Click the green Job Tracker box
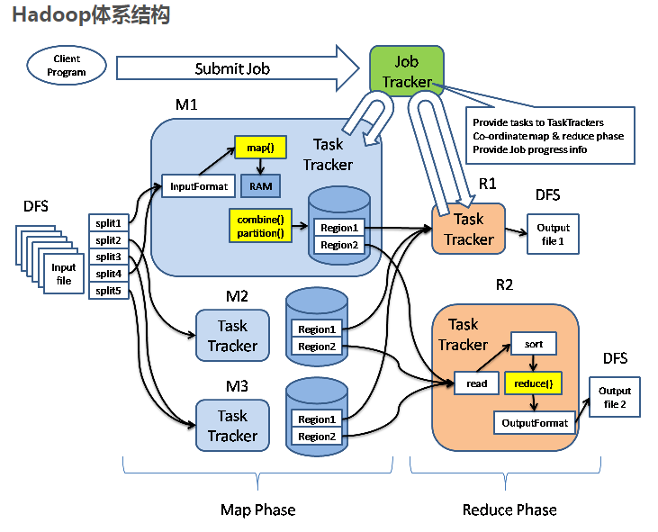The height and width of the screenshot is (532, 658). point(407,72)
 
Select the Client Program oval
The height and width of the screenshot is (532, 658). point(68,65)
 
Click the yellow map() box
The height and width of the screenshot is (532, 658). point(259,147)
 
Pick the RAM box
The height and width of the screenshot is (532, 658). point(260,185)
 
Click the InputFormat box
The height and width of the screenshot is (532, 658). point(198,186)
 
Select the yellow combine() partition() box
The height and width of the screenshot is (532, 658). point(260,227)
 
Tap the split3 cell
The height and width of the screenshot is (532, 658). point(109,257)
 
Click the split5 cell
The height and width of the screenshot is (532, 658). point(109,290)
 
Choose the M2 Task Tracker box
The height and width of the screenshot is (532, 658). point(232,336)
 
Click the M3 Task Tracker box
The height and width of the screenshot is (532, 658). point(232,426)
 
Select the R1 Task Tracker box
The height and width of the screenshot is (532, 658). point(468,229)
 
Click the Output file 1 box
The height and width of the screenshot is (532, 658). point(553,233)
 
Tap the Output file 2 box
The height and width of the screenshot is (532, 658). point(615,398)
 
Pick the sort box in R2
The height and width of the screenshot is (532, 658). point(534,344)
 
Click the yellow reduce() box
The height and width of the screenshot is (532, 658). point(534,383)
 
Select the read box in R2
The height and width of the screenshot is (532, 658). point(476,383)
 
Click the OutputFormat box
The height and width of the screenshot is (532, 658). point(535,422)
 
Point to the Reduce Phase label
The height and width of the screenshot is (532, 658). point(509,509)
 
